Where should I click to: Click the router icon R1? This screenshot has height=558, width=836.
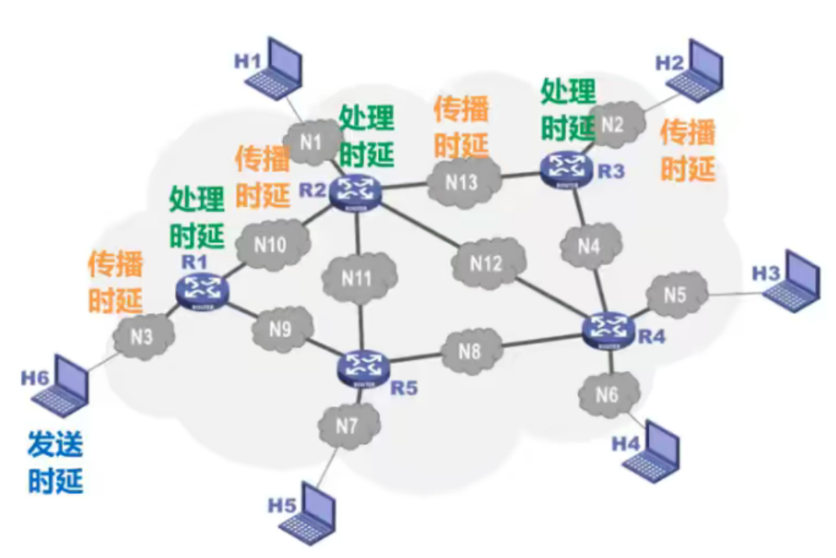pos(202,289)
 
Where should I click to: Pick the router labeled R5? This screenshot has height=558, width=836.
pos(361,366)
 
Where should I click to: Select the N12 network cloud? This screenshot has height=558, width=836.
pos(486,263)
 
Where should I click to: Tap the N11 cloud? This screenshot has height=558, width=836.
pos(358,277)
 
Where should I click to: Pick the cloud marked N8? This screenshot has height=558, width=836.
pos(469,351)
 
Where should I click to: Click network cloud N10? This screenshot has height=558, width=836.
pos(271,245)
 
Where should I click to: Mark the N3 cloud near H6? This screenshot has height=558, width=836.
pos(142,337)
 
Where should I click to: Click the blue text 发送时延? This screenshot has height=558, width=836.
pos(55,464)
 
